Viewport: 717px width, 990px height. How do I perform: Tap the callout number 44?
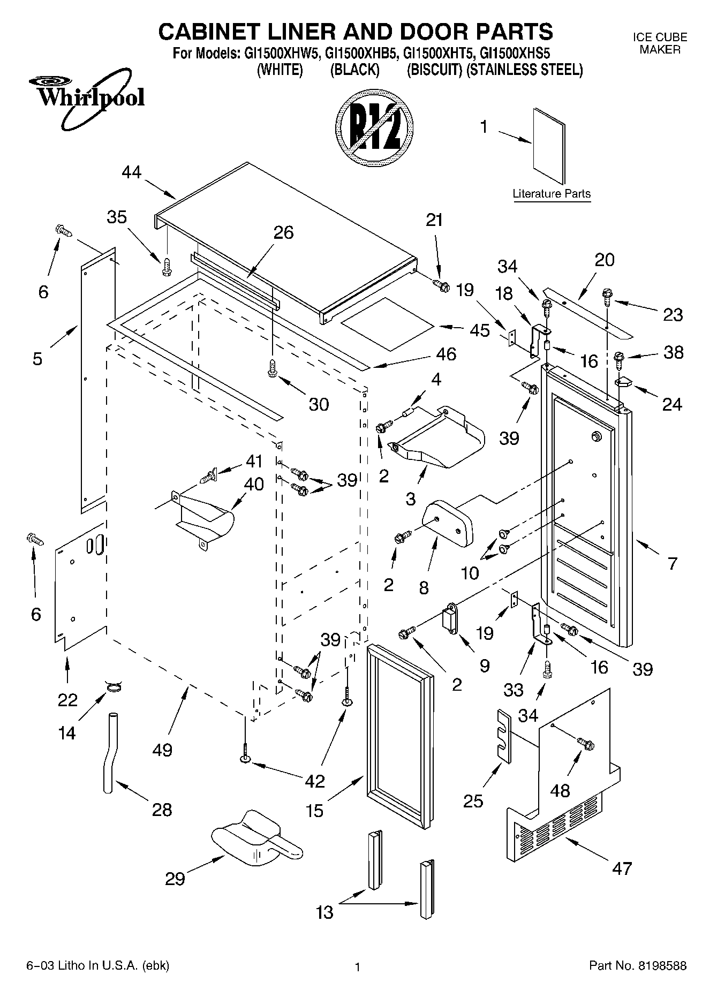pos(132,172)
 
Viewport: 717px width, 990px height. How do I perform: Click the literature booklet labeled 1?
pos(549,146)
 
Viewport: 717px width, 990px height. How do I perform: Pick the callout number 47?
pos(622,868)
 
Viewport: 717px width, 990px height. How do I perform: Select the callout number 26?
pos(284,232)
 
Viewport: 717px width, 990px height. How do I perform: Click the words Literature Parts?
pos(552,194)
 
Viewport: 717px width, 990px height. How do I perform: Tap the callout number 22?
pos(67,700)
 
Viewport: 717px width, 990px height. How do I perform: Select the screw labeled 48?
pos(586,744)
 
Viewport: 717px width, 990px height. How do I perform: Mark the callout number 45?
pos(480,330)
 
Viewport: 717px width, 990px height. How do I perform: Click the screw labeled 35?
pos(167,267)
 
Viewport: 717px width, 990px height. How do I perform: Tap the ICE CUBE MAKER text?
pos(660,43)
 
